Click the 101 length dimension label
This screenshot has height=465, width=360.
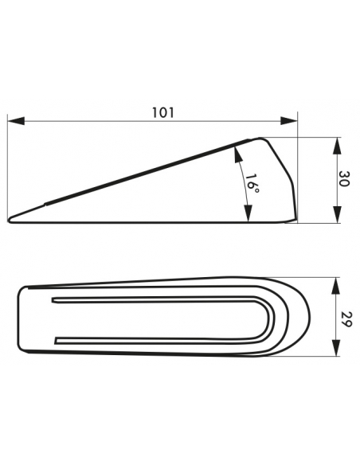click(x=163, y=113)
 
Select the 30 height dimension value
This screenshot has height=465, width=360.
click(x=344, y=178)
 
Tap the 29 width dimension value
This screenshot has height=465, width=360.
click(x=345, y=318)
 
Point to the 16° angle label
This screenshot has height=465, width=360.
click(x=252, y=183)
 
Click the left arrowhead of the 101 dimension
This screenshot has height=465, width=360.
click(x=16, y=121)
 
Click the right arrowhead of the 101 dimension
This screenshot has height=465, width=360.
click(x=289, y=121)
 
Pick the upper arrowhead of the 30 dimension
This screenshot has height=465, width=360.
click(x=337, y=146)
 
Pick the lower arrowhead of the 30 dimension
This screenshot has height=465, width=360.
click(x=337, y=214)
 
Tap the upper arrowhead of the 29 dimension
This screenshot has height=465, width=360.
click(x=335, y=286)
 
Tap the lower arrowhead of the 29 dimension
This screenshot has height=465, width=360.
click(x=335, y=348)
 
